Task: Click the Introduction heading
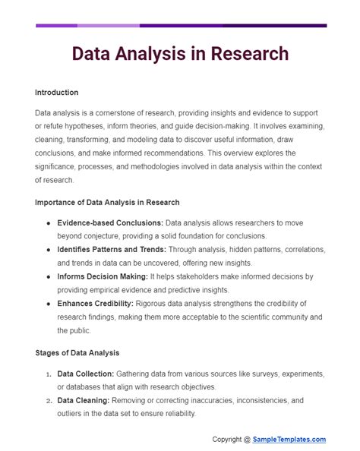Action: (x=56, y=93)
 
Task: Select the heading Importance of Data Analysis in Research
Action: (x=107, y=202)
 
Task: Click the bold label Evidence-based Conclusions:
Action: (x=109, y=222)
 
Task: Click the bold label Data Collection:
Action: (x=86, y=374)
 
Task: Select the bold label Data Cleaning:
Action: (x=82, y=400)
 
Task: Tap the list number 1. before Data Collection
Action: (x=48, y=374)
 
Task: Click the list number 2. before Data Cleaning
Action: (x=48, y=400)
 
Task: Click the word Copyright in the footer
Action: (x=231, y=439)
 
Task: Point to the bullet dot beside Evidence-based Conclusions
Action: (x=49, y=222)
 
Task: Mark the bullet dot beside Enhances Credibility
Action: (x=49, y=304)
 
